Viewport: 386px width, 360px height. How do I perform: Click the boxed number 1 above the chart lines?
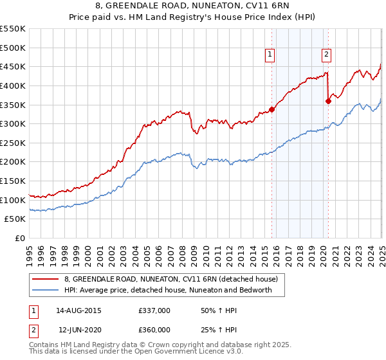pos(269,55)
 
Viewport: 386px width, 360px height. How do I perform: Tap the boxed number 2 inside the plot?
pos(326,55)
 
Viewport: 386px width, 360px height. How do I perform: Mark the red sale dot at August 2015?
pos(271,109)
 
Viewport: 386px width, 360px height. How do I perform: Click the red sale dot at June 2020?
pos(329,100)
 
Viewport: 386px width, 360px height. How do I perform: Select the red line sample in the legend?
pos(44,279)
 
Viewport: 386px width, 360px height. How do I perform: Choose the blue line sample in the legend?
pos(44,290)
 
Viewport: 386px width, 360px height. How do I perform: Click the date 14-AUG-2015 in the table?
pos(78,310)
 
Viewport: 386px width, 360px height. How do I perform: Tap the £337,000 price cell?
pos(154,310)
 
